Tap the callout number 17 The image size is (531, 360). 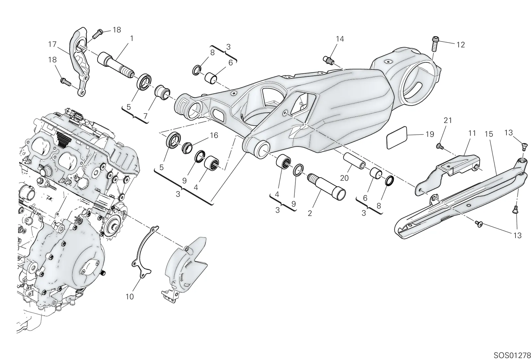(52, 45)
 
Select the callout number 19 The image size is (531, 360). (430, 134)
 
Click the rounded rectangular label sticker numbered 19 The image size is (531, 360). (397, 138)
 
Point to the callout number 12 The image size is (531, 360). (461, 45)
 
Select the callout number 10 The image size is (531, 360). (130, 297)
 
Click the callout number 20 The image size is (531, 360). (344, 178)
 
